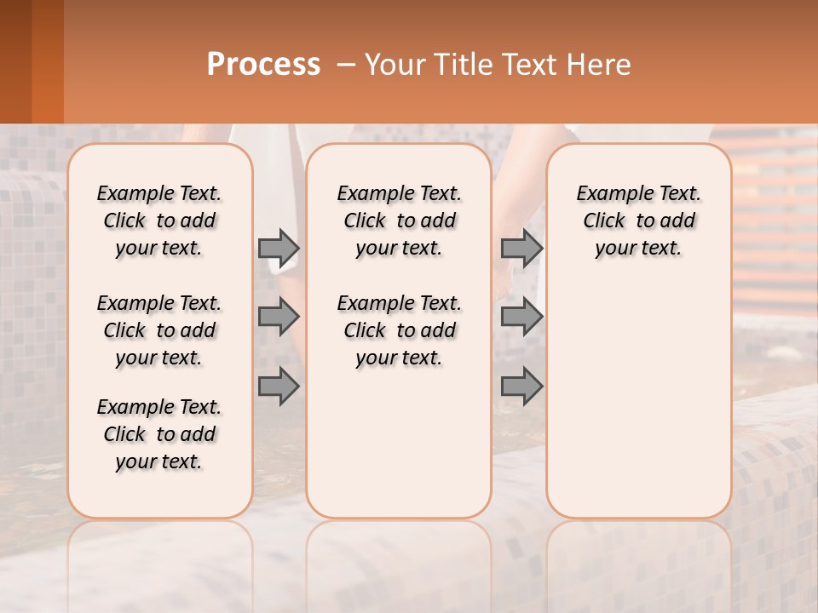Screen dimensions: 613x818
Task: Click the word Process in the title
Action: (x=263, y=64)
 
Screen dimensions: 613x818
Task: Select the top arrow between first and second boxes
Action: (x=279, y=248)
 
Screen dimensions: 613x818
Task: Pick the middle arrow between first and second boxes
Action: (x=279, y=317)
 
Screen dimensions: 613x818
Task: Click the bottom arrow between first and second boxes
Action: (x=279, y=387)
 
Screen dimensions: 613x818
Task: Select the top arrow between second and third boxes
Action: (x=521, y=248)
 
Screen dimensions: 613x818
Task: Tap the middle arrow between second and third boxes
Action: (x=521, y=317)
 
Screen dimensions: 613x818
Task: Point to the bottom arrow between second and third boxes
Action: (x=521, y=387)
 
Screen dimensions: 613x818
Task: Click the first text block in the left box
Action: (x=159, y=221)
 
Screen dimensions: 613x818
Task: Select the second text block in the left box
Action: (x=159, y=330)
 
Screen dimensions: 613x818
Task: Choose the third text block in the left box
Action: (x=159, y=434)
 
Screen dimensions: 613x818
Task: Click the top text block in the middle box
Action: (x=399, y=221)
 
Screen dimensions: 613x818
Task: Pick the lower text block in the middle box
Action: (x=399, y=330)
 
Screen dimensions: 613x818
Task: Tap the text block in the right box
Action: (x=638, y=221)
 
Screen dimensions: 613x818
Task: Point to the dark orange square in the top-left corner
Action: (x=32, y=61)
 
